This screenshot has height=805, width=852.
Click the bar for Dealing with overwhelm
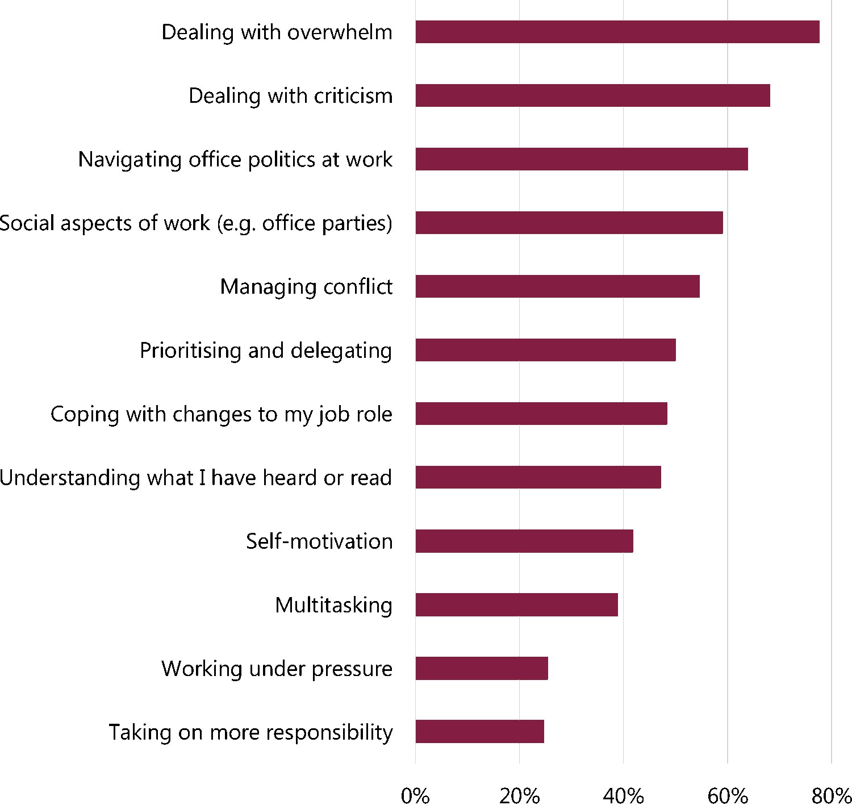(x=617, y=32)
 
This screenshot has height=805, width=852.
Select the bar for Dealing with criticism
(x=592, y=95)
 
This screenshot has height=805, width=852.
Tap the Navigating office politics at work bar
(x=581, y=159)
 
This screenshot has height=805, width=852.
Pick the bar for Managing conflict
(x=557, y=286)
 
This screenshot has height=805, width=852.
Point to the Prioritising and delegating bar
(x=545, y=350)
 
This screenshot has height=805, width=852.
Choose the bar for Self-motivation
(x=524, y=541)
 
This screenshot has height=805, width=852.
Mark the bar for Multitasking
(x=516, y=604)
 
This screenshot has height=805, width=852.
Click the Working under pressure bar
(x=481, y=668)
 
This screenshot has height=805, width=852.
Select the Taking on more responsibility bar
(x=479, y=732)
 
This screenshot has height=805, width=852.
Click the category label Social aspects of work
(x=196, y=223)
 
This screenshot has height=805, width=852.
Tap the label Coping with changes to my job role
(x=221, y=414)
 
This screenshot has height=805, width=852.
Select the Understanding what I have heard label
(x=196, y=478)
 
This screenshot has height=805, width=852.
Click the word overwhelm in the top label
(x=340, y=32)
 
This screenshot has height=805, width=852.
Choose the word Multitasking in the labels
(x=333, y=605)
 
